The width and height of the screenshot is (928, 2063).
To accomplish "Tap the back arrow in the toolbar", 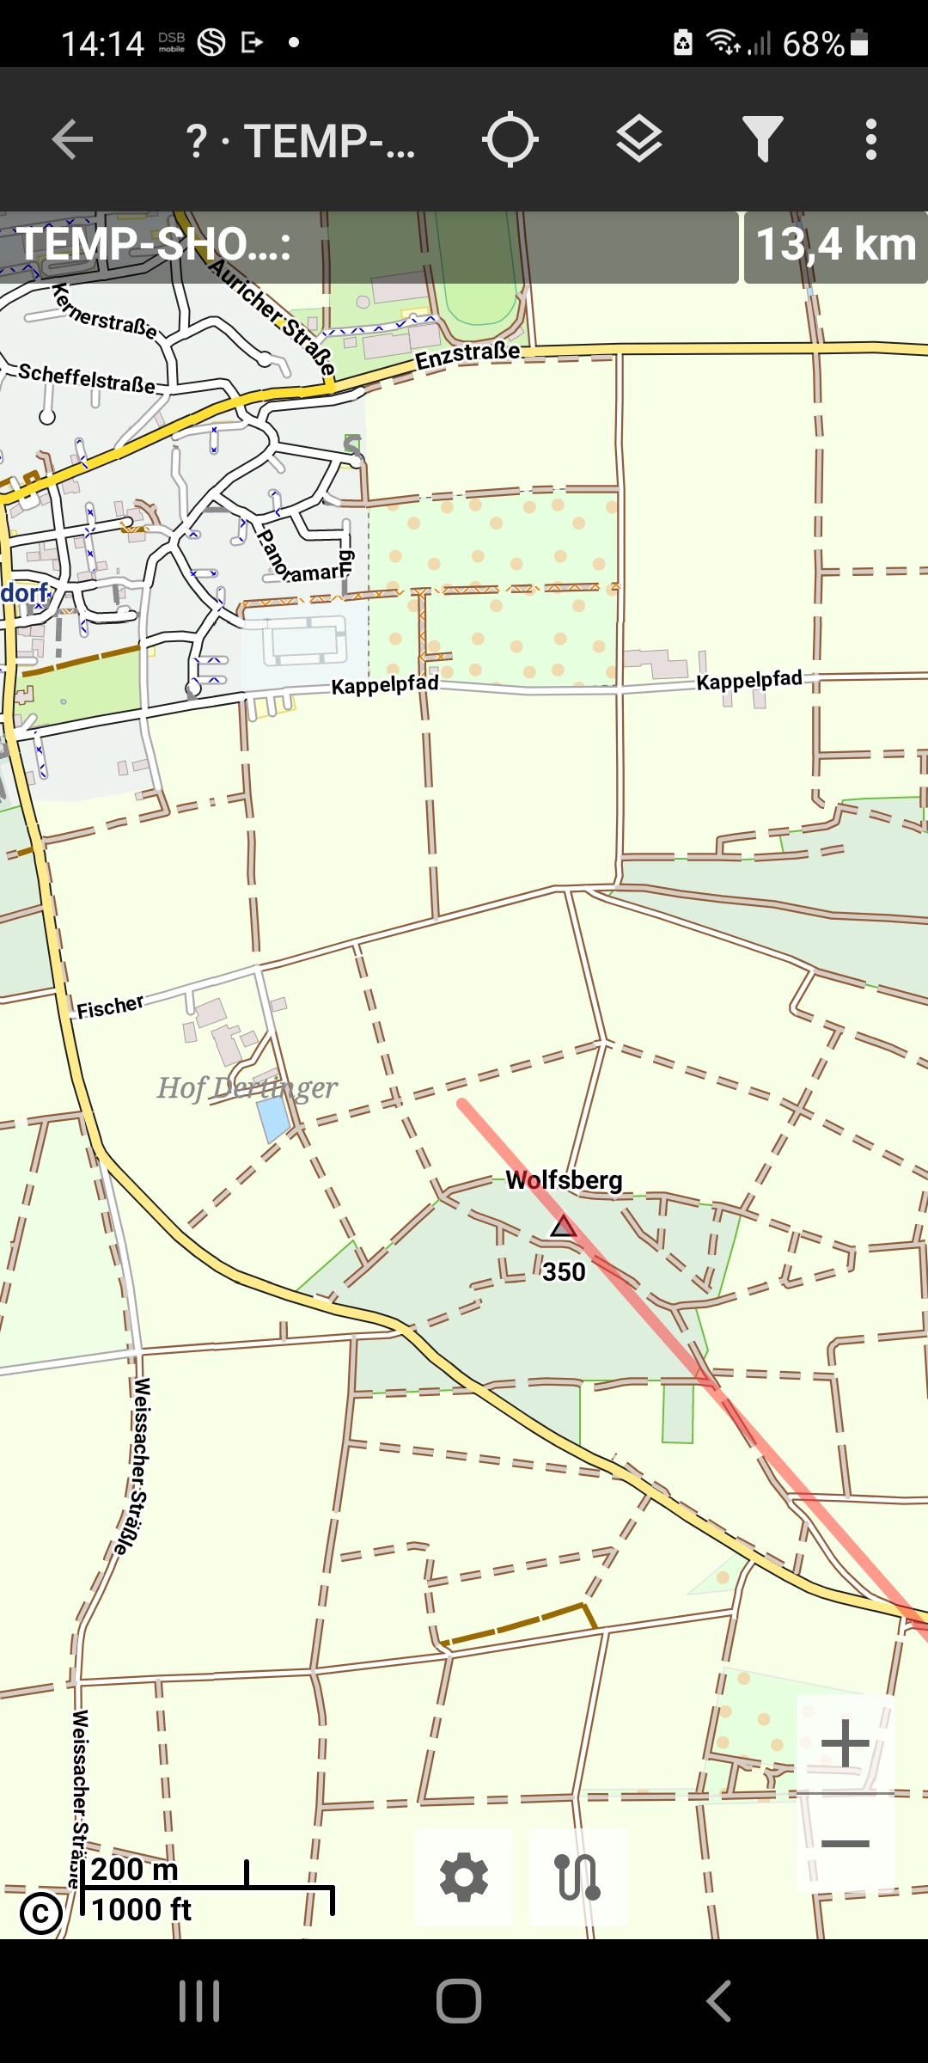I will [72, 140].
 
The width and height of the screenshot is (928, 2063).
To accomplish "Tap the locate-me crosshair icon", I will [510, 140].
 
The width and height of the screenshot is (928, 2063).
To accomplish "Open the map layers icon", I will [639, 140].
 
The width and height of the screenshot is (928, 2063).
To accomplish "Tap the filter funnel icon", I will [762, 140].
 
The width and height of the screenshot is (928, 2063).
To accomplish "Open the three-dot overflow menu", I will [870, 140].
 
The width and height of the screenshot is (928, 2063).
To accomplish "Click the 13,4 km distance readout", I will [835, 246].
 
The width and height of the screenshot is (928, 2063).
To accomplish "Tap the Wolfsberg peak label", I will [564, 1180].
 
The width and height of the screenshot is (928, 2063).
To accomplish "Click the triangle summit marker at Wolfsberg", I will [564, 1227].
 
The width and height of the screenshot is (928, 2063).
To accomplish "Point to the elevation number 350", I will [564, 1271].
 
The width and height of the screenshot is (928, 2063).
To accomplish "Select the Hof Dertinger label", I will [247, 1088].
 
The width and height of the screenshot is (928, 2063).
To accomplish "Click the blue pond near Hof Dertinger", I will [273, 1118].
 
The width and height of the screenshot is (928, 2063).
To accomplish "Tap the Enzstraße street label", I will [468, 355].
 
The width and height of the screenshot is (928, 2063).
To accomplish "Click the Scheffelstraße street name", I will [87, 378].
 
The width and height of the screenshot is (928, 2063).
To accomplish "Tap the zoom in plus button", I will [845, 1743].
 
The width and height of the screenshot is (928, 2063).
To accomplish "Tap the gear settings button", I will [464, 1877].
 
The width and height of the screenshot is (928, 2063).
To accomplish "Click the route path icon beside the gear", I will [577, 1877].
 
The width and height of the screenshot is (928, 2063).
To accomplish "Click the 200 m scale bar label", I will [135, 1870].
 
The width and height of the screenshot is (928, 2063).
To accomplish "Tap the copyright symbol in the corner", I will [40, 1913].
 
